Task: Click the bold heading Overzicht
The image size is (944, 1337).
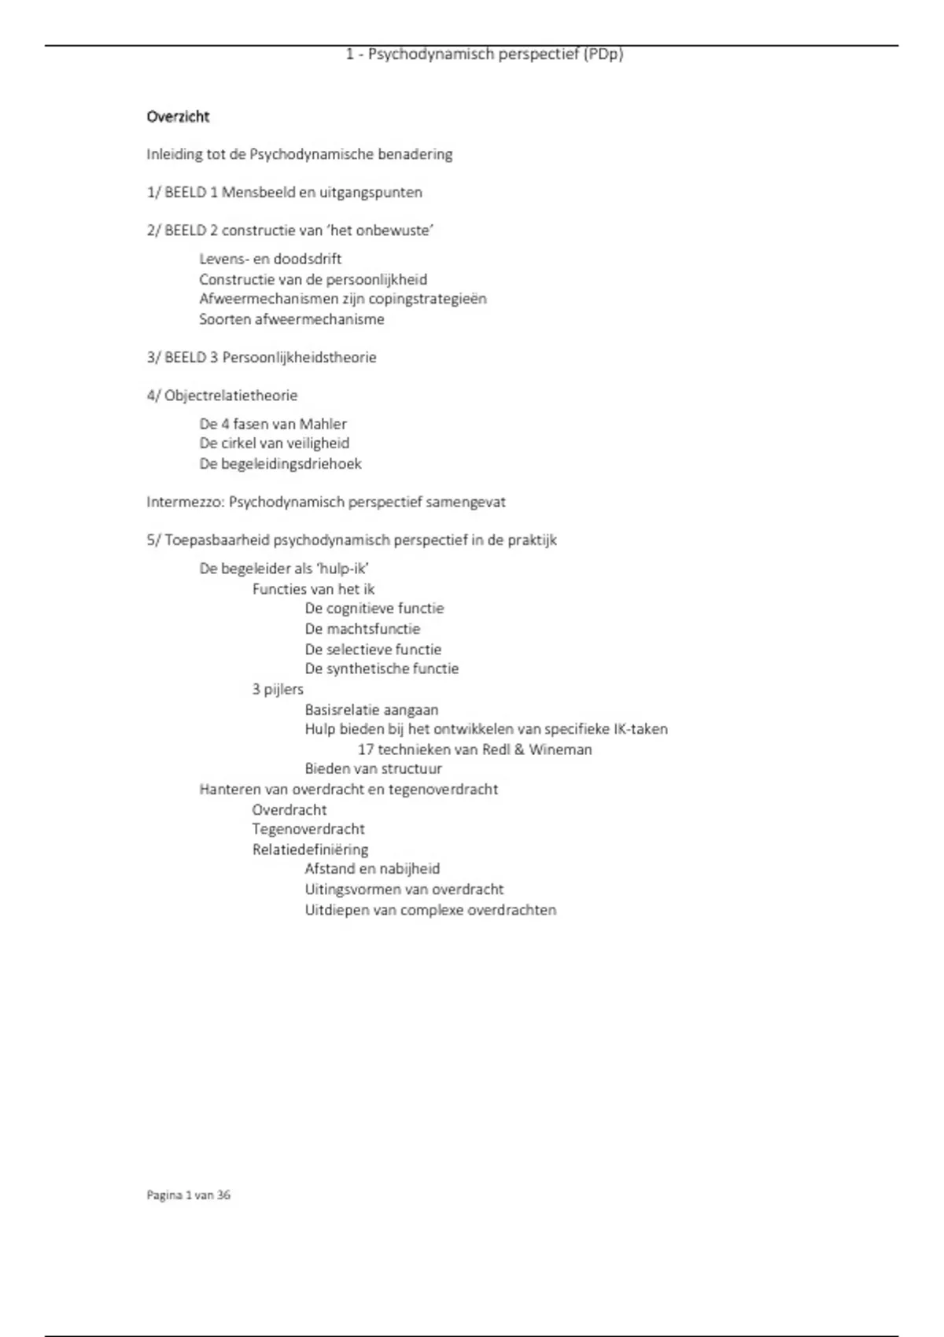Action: tap(178, 117)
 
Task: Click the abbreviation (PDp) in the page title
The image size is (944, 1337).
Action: tap(603, 54)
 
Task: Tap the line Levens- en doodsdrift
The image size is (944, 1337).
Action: tap(270, 259)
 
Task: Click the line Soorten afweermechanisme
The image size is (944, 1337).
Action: tap(291, 319)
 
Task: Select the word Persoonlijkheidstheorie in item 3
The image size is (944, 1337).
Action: tap(299, 358)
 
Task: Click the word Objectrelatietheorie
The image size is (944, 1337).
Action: tap(230, 396)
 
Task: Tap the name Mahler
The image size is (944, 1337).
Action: tap(323, 424)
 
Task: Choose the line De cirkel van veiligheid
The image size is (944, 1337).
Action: tap(274, 444)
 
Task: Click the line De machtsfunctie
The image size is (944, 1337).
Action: tap(363, 629)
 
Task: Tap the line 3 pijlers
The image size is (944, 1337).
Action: tap(278, 690)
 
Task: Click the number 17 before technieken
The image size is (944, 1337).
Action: tap(366, 750)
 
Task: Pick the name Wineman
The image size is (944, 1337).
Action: tap(560, 750)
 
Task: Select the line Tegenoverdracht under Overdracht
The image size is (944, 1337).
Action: tap(308, 829)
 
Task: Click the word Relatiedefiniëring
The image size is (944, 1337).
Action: tap(310, 849)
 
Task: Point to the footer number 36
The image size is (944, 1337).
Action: tap(223, 1195)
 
